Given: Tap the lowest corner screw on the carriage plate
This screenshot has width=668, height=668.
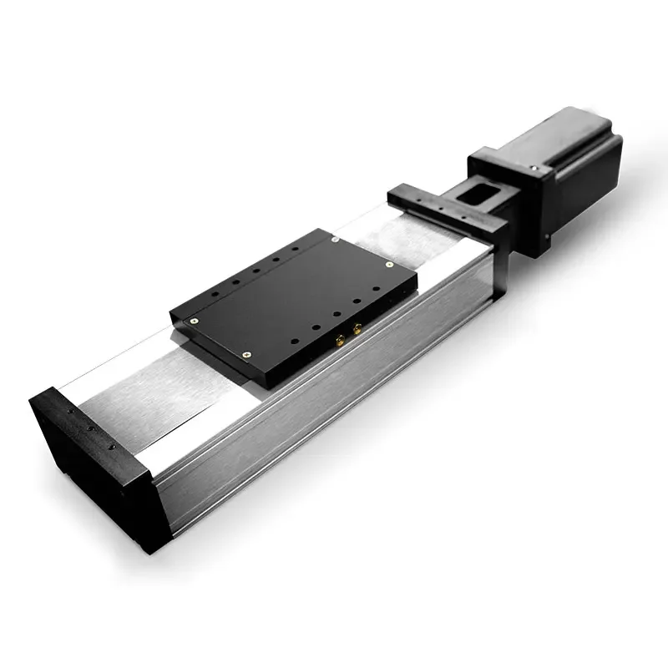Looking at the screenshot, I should click(246, 354).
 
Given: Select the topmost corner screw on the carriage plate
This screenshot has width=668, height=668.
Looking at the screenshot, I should click(335, 238).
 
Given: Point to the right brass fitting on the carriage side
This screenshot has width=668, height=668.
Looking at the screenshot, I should click(357, 330).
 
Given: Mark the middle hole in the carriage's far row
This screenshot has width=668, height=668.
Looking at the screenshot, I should click(256, 271).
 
